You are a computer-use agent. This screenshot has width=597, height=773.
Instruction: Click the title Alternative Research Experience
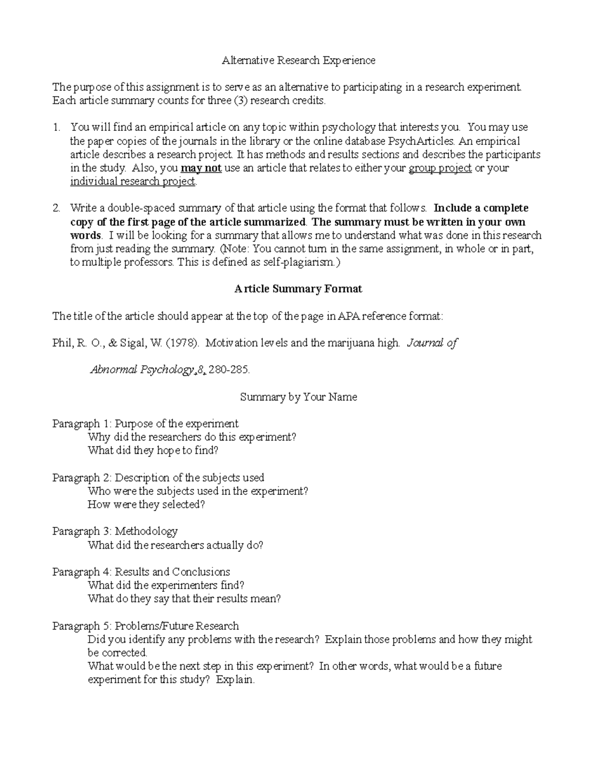(298, 61)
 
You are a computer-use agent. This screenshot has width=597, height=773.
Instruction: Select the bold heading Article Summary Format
(298, 289)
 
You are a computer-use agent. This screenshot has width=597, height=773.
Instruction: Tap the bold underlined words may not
(201, 168)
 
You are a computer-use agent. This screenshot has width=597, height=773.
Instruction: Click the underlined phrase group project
(440, 168)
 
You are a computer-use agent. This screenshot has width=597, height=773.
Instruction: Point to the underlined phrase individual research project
(133, 182)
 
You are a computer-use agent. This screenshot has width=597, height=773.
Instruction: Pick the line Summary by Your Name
(298, 397)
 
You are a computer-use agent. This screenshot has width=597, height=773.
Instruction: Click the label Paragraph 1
(81, 424)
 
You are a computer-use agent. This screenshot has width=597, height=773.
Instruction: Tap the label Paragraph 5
(81, 626)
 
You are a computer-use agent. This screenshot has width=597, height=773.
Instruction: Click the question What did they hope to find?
(153, 451)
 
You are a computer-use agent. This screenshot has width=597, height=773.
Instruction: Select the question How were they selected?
(146, 505)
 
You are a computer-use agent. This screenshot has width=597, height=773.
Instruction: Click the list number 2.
(57, 209)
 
